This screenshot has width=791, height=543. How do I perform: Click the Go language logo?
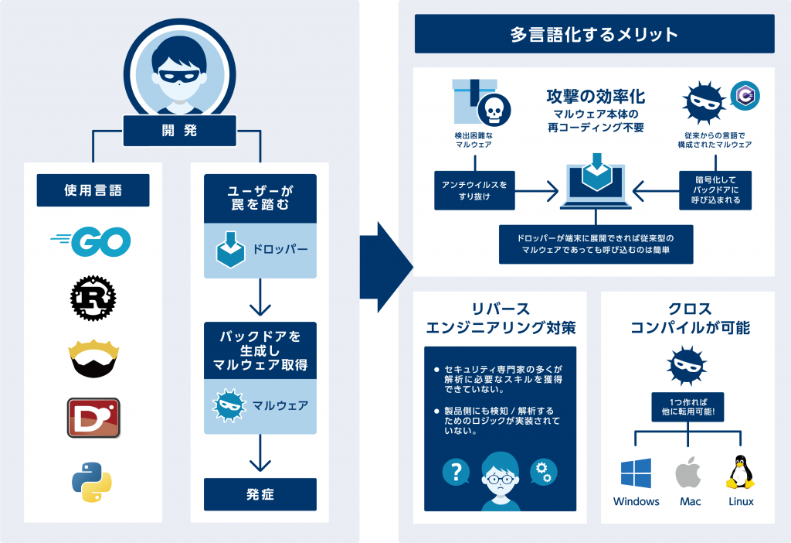tap(92, 243)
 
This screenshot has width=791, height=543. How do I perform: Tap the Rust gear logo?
tap(93, 298)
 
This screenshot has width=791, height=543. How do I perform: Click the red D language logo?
tap(93, 418)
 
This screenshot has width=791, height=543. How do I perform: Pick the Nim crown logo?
tap(93, 357)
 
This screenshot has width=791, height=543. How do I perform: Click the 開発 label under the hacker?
tap(179, 131)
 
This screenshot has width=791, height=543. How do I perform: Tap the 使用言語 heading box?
tap(93, 190)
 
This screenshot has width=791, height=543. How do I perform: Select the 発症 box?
tap(260, 494)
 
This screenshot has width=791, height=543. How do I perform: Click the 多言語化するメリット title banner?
tap(594, 35)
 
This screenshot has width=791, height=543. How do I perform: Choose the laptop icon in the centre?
tap(595, 183)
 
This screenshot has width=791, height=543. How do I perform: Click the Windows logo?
tap(636, 473)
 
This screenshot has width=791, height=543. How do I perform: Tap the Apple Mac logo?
tap(689, 472)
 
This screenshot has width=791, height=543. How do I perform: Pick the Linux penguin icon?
tap(740, 472)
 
